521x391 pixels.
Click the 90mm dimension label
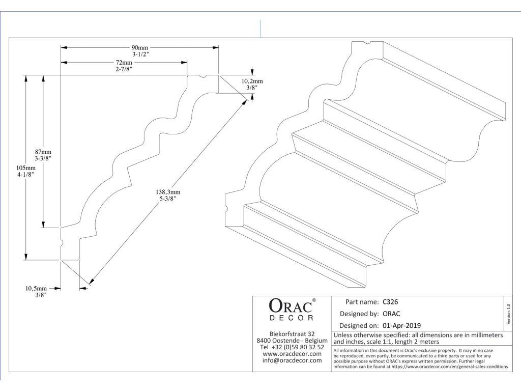(140, 47)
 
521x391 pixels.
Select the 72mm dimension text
(124, 62)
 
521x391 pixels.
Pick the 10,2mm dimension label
(252, 81)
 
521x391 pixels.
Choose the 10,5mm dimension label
(36, 288)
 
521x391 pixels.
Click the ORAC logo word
(290, 306)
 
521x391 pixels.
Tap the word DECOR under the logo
(291, 318)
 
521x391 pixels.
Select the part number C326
(390, 301)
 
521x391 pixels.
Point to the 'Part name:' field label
(362, 301)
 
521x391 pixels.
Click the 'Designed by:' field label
(359, 314)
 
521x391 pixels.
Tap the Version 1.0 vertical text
(508, 313)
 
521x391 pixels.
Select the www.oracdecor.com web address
(292, 354)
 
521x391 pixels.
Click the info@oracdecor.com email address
(292, 360)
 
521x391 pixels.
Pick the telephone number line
(292, 347)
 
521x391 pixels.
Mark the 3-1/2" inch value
(140, 54)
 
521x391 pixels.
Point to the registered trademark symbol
(314, 300)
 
